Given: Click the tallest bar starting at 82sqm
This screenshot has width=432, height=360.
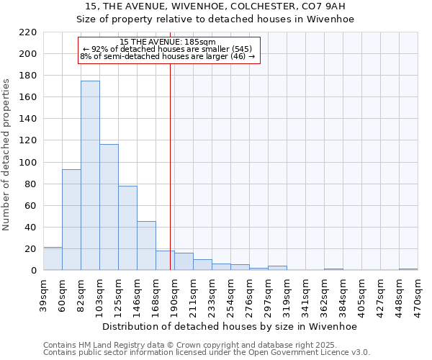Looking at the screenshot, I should click(90, 176).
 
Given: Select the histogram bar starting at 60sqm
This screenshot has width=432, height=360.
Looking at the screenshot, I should click(71, 220).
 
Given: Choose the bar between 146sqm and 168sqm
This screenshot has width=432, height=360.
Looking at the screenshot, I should click(146, 246).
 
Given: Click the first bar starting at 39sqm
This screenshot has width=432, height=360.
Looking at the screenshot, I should click(53, 258).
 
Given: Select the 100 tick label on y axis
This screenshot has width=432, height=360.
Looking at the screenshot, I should click(30, 162).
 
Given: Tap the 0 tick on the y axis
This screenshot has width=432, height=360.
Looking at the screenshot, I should click(35, 271).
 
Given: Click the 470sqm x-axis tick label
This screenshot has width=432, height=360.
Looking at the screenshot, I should click(418, 295).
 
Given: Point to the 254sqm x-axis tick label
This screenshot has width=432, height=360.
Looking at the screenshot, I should click(230, 295).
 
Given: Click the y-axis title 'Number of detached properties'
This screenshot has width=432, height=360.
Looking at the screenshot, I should click(7, 155).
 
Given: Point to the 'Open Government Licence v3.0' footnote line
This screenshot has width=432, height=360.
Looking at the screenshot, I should click(207, 353).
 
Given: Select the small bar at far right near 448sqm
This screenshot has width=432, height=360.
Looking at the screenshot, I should click(408, 269).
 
